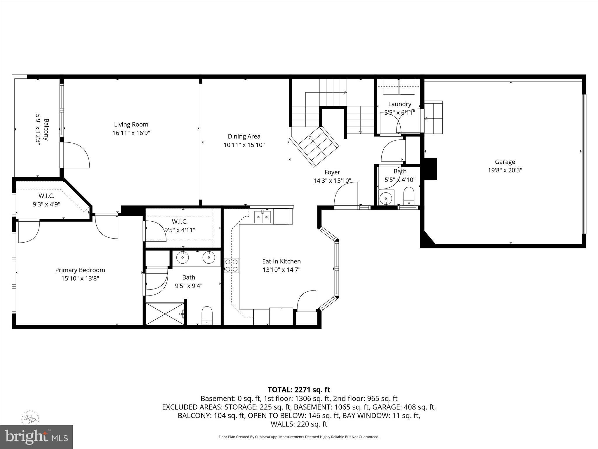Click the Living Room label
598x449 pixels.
pyautogui.click(x=131, y=125)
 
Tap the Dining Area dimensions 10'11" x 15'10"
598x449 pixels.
pyautogui.click(x=244, y=145)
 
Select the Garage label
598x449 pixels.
pyautogui.click(x=505, y=162)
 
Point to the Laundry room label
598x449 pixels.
pyautogui.click(x=400, y=104)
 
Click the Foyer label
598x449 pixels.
pyautogui.click(x=332, y=172)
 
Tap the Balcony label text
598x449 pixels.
pyautogui.click(x=46, y=129)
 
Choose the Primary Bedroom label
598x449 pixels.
pyautogui.click(x=80, y=270)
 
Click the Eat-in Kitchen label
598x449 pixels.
pyautogui.click(x=281, y=261)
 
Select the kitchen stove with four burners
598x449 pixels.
pyautogui.click(x=232, y=265)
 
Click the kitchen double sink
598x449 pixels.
pyautogui.click(x=263, y=217)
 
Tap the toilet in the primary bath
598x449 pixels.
pyautogui.click(x=207, y=315)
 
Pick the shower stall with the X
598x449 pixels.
pyautogui.click(x=165, y=314)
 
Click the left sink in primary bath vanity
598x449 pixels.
pyautogui.click(x=183, y=258)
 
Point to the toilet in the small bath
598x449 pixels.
pyautogui.click(x=409, y=196)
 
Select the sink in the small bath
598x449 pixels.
pyautogui.click(x=386, y=198)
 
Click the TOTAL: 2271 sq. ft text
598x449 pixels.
pyautogui.click(x=299, y=390)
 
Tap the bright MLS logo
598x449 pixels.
pyautogui.click(x=36, y=437)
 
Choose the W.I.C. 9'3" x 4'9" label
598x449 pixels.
pyautogui.click(x=46, y=200)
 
